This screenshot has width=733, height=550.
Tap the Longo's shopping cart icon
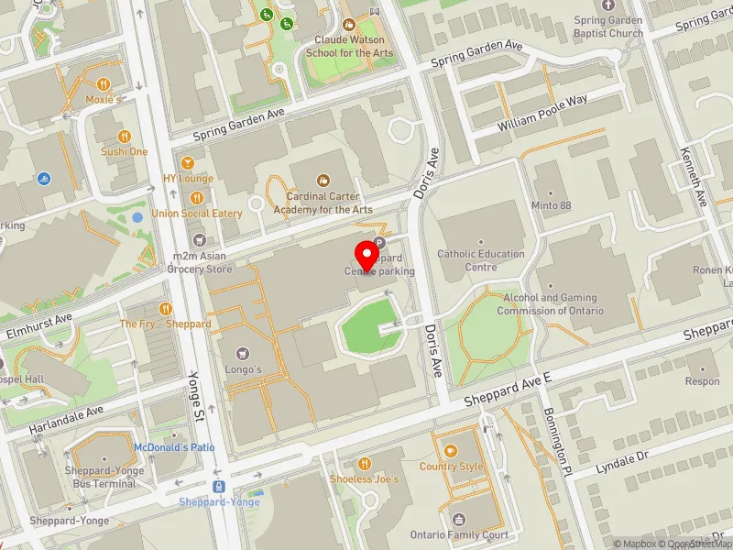pos(243,353)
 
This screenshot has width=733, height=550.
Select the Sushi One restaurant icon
pos(125,137)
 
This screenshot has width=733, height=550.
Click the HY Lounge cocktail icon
pos(188,163)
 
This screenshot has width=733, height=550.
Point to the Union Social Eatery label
pos(197,214)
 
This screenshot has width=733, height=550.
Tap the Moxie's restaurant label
pos(104,98)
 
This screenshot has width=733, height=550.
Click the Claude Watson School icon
pos(348,26)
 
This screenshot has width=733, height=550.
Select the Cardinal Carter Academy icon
pos(323,181)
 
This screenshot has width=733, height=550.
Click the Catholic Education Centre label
pos(480,260)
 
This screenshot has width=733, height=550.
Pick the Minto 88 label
pos(552,205)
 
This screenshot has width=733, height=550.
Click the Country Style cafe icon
pos(451,450)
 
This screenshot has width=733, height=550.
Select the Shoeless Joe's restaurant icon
pos(364,464)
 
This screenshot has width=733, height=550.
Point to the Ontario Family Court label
pos(459,535)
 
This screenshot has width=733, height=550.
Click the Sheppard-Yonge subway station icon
pos(219,487)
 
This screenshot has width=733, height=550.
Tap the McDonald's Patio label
pos(174,446)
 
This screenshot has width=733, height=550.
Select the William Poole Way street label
pos(542,113)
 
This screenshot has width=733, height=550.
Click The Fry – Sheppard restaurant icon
pos(166,309)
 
